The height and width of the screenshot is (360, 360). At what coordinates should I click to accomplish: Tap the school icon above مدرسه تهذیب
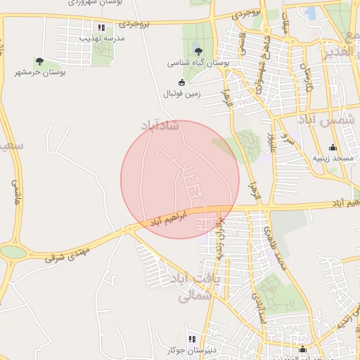point(101,28)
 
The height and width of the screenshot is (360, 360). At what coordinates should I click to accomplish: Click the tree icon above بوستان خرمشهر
point(39,61)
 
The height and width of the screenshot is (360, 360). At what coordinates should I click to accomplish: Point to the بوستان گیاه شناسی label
point(198,63)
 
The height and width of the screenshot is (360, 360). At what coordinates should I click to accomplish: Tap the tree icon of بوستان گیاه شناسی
point(198,51)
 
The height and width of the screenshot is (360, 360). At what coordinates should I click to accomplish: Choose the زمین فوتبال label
point(182,93)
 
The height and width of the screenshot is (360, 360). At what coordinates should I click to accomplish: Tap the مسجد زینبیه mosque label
point(332,158)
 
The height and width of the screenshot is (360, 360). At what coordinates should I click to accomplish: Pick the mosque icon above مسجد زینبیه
point(333,148)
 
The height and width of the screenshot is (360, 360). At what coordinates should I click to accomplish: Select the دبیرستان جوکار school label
point(191,349)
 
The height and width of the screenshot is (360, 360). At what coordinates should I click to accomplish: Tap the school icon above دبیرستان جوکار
point(191,339)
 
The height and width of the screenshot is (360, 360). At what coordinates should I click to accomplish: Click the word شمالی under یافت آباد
point(186,297)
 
